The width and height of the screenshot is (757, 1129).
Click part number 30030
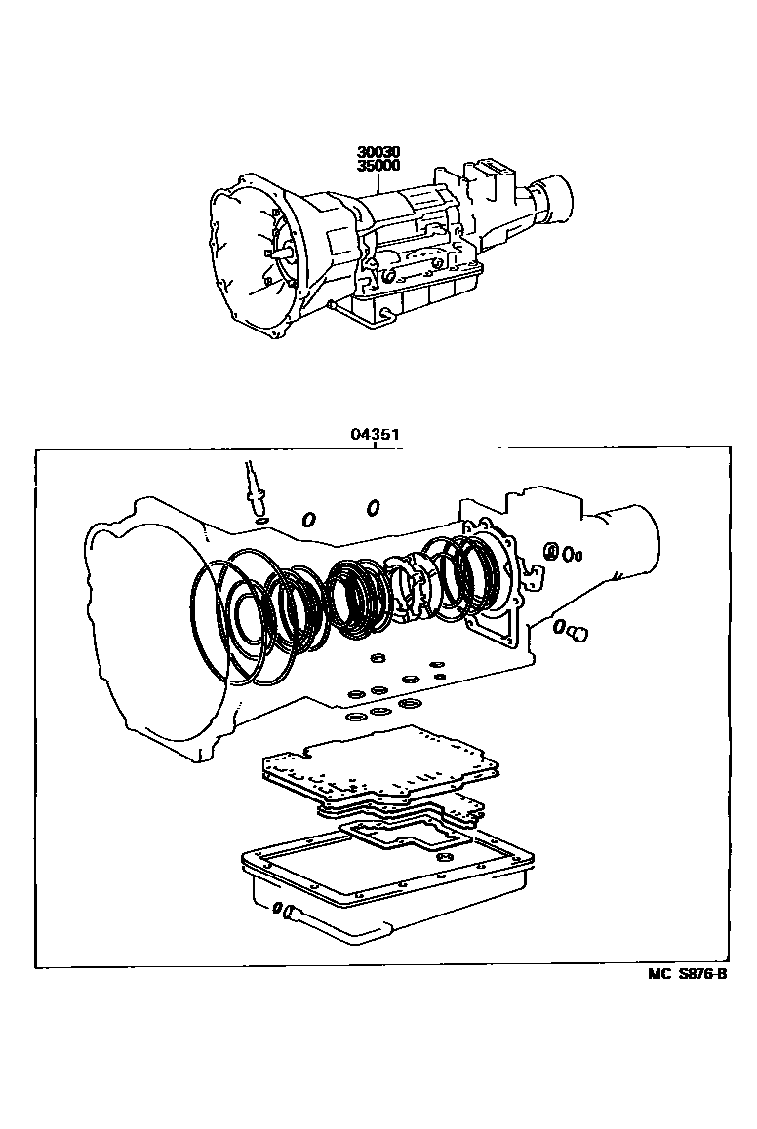click(378, 152)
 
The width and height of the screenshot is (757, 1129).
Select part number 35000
click(378, 164)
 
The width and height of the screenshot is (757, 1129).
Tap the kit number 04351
click(376, 434)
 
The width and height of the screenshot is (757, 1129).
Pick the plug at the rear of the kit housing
click(578, 634)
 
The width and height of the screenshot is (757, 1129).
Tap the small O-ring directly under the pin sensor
click(261, 520)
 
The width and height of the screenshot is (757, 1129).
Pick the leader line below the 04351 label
click(376, 445)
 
